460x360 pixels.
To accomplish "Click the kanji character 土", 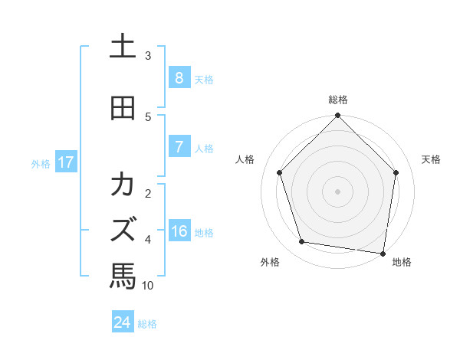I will tap(123, 47).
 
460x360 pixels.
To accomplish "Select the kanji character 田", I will tap(123, 108).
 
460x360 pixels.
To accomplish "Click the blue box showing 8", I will tap(179, 78).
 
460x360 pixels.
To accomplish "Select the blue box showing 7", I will tap(179, 147).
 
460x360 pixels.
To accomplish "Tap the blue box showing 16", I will tap(179, 232).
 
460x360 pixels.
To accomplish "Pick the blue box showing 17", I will tap(65, 162).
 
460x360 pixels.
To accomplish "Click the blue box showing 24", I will tap(123, 322).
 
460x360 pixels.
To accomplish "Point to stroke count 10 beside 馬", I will tap(148, 286).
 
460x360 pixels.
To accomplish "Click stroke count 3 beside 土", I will tap(148, 56).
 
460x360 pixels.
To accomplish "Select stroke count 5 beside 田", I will tap(148, 117).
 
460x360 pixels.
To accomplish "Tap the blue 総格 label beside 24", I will tap(147, 324).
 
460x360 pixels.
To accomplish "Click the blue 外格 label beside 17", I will tap(41, 163).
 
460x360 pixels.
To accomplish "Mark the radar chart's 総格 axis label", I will tap(338, 100).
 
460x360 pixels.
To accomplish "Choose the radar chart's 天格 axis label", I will tap(431, 159).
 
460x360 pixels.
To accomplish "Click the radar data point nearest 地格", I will tap(383, 252).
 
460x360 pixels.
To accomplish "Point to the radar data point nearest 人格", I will tap(280, 172).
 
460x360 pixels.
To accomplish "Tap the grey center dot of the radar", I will tap(338, 191).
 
